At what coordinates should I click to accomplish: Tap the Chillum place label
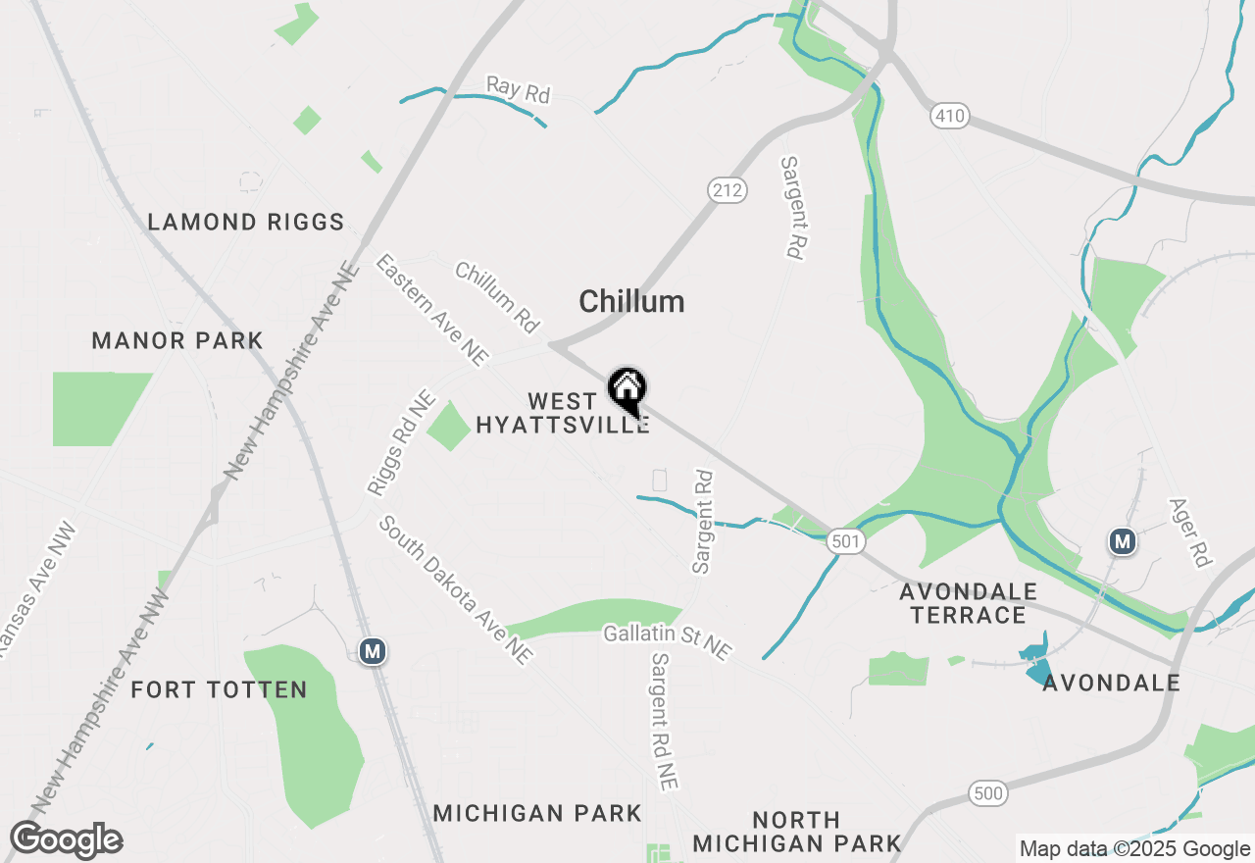click(631, 301)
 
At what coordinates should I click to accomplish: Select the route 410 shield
click(950, 117)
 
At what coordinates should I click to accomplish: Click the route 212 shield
click(728, 190)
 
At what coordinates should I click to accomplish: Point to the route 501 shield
click(845, 540)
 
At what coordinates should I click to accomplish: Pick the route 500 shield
click(987, 792)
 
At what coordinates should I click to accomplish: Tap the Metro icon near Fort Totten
click(372, 651)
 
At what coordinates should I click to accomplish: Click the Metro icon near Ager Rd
click(1123, 540)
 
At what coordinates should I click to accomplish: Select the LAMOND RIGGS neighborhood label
click(246, 223)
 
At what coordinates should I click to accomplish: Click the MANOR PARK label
click(177, 341)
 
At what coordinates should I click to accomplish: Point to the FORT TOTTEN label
click(220, 689)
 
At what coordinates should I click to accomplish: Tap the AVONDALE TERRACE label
click(969, 603)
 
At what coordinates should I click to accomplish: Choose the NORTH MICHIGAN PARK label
click(797, 831)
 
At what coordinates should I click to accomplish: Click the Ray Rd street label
click(519, 90)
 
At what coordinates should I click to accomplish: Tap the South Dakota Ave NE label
click(457, 590)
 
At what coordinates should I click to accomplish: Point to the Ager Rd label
click(1190, 533)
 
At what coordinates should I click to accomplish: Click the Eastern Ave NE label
click(431, 310)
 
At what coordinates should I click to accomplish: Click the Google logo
click(66, 839)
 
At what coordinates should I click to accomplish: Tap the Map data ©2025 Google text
click(1134, 849)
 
